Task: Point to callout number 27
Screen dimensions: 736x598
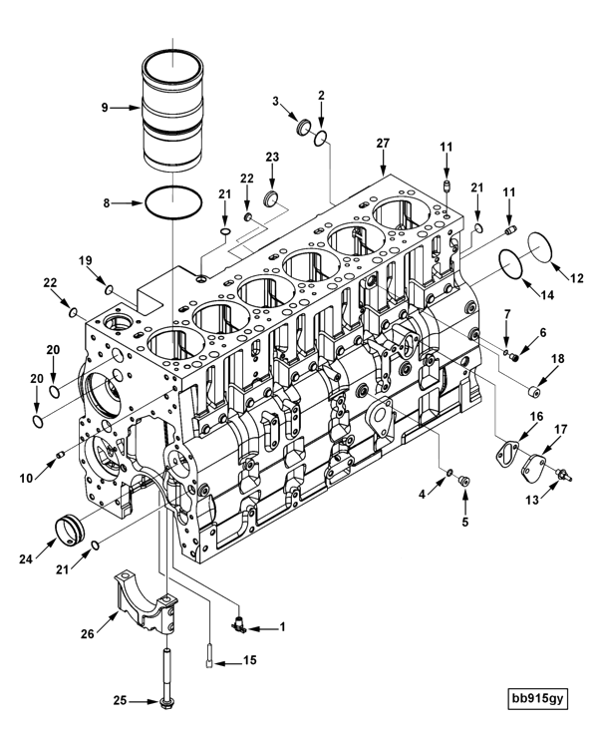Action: point(382,143)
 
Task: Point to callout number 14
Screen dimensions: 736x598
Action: point(546,296)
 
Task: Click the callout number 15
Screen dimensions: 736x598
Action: point(249,660)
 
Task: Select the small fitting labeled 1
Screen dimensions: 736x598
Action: point(240,625)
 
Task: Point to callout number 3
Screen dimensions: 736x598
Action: point(276,101)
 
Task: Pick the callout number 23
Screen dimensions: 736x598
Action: point(272,158)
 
